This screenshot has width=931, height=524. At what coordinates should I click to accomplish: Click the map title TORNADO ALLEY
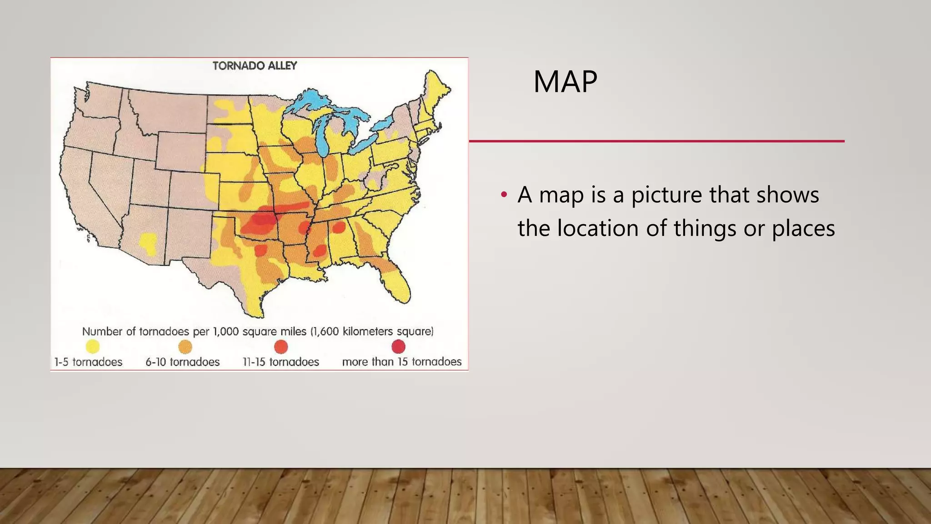(x=255, y=66)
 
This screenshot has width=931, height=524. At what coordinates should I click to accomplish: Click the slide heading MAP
(x=565, y=82)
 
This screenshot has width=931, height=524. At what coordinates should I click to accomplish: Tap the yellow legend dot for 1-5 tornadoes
(x=93, y=347)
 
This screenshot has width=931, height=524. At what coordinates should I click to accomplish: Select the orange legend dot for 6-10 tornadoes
(x=185, y=347)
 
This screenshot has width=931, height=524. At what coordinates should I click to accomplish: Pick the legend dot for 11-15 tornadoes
(x=281, y=347)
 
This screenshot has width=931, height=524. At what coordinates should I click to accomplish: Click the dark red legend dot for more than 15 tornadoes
(x=398, y=347)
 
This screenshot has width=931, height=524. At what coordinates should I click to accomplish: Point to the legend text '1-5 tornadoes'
(x=88, y=362)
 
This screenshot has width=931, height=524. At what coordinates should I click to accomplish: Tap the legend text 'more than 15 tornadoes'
(x=401, y=362)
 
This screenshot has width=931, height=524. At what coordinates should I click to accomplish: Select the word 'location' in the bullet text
(x=598, y=228)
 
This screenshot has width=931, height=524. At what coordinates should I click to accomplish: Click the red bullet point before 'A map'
(x=503, y=195)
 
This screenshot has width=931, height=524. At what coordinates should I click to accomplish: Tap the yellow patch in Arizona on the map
(x=149, y=243)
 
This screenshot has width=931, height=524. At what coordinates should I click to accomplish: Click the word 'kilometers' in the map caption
(x=367, y=332)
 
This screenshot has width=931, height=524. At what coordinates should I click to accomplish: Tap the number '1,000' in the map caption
(x=226, y=332)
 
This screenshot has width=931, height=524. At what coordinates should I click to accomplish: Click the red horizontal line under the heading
(x=656, y=141)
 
